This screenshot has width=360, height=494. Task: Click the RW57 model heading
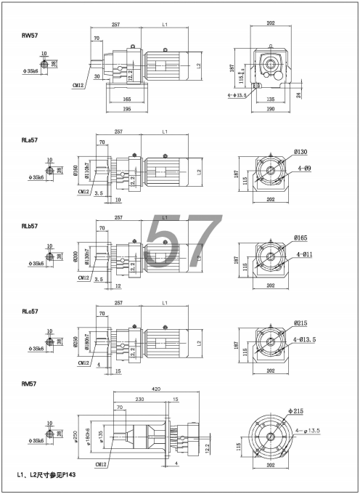(x=30, y=34)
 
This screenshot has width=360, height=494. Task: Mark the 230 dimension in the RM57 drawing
(x=138, y=399)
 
